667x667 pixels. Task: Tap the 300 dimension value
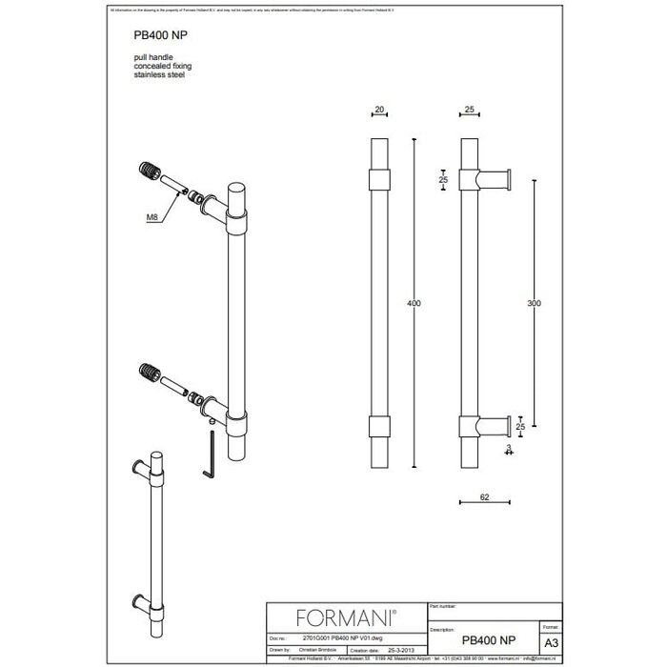(x=533, y=303)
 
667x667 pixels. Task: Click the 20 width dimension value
(x=380, y=111)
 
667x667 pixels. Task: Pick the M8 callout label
(x=152, y=217)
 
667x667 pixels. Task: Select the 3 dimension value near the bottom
(x=510, y=447)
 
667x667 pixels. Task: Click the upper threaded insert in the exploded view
(x=151, y=174)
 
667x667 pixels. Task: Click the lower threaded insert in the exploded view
(x=150, y=370)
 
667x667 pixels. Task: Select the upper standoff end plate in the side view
(x=515, y=180)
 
